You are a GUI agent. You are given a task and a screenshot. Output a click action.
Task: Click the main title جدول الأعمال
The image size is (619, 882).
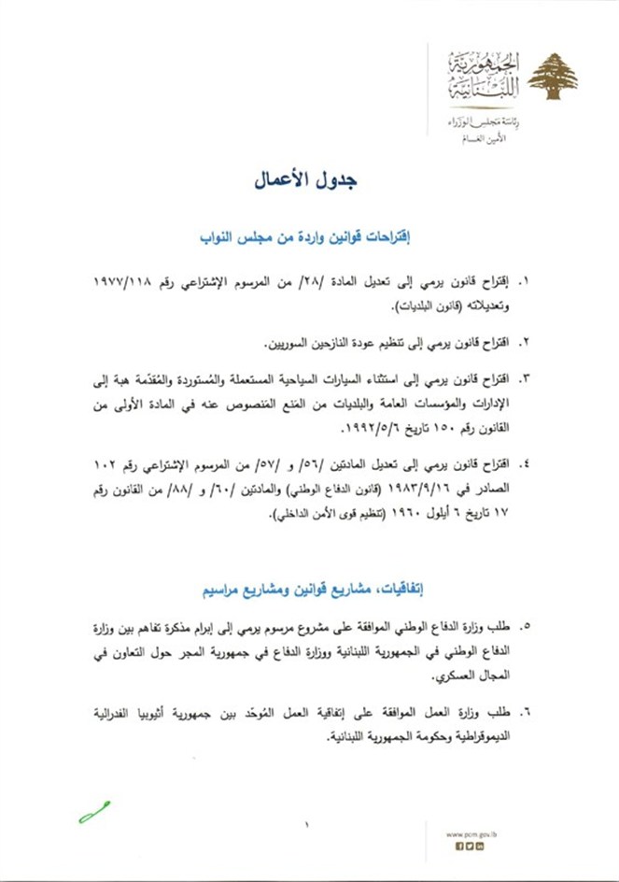pyautogui.click(x=308, y=180)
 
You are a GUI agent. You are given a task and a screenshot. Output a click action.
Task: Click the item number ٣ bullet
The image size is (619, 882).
pyautogui.click(x=524, y=378)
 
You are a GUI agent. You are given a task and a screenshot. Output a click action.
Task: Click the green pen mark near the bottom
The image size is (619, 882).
pyautogui.click(x=94, y=811)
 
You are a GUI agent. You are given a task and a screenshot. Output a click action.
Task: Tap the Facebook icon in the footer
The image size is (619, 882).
pyautogui.click(x=459, y=846)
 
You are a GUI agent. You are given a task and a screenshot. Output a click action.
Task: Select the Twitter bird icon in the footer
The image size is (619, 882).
pyautogui.click(x=470, y=846)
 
